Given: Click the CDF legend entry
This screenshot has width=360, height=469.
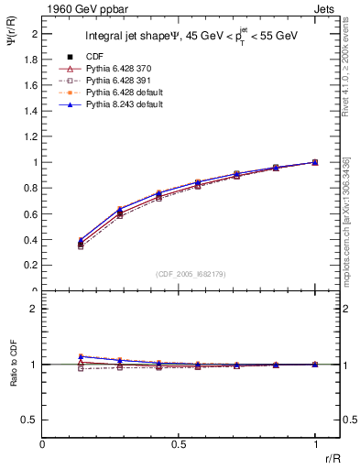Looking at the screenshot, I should click(95, 58).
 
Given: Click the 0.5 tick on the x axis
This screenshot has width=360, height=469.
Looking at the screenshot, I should click(179, 444).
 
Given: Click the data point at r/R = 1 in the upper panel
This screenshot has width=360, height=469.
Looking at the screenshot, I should click(315, 162).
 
